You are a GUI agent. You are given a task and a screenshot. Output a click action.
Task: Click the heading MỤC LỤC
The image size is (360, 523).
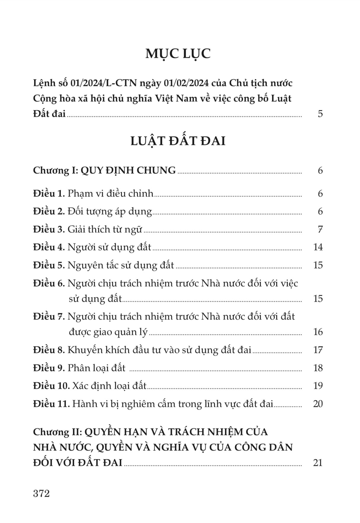(178, 53)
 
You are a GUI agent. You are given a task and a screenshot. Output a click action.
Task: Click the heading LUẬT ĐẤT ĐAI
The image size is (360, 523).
(178, 141)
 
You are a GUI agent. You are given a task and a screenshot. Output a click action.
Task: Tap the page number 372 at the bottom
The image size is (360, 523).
(41, 493)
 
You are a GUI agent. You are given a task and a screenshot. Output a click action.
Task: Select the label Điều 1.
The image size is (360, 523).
(49, 193)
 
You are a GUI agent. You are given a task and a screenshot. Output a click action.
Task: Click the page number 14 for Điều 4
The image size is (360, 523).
(318, 247)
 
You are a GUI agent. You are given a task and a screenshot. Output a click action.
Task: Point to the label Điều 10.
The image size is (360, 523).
(51, 386)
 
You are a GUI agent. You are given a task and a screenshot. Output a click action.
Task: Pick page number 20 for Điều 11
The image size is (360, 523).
(318, 404)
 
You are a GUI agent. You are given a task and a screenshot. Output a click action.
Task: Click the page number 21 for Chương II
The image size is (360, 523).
(318, 463)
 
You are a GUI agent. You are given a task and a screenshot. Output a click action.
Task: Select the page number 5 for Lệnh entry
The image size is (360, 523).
(320, 114)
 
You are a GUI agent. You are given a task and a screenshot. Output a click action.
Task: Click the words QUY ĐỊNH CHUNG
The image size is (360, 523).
(128, 170)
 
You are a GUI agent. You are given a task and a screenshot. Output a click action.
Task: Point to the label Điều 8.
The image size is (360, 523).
(49, 350)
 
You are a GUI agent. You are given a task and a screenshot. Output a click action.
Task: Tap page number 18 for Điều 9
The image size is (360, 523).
(318, 368)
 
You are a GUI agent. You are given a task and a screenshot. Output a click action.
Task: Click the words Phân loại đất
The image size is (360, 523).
(96, 368)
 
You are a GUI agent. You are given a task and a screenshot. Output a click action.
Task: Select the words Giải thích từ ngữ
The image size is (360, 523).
(105, 229)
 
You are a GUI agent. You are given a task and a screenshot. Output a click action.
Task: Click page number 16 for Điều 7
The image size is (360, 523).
(318, 332)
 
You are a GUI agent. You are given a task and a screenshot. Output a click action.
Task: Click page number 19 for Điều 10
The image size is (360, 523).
(318, 386)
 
